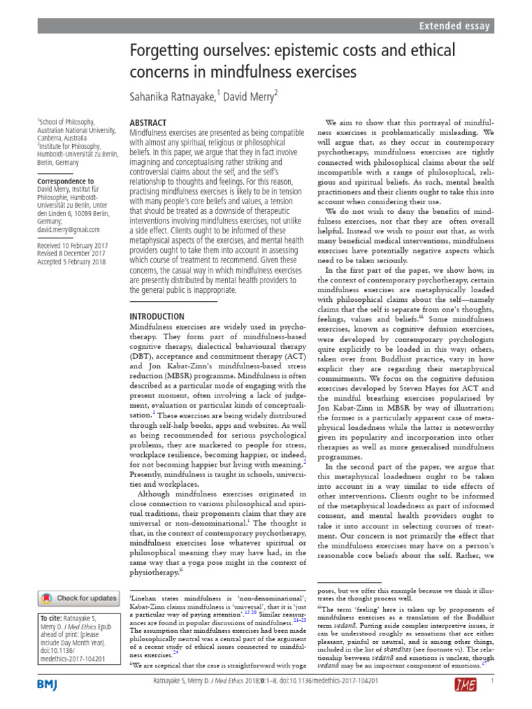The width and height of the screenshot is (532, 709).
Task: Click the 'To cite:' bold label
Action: click(x=53, y=618)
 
